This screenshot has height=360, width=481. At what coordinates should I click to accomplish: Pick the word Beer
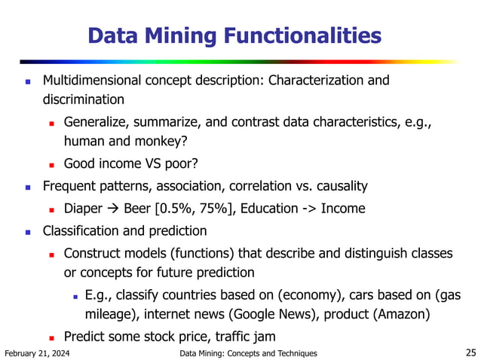(x=141, y=208)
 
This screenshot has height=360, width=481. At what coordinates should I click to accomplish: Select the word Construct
(x=93, y=253)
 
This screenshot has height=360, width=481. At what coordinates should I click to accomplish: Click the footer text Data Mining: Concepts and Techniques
(x=249, y=353)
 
